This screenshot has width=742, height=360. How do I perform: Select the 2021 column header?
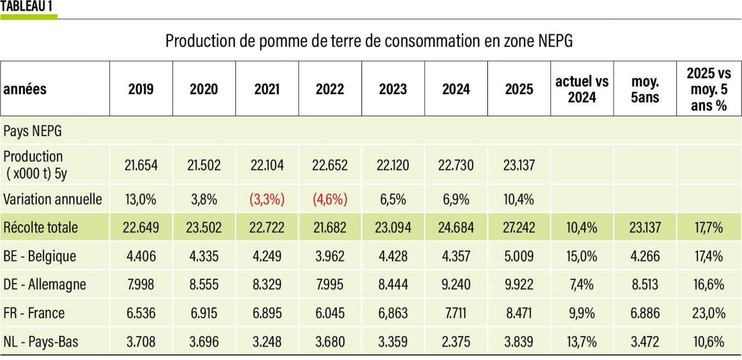pyautogui.click(x=267, y=89)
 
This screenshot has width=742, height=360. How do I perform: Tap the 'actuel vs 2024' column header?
pyautogui.click(x=582, y=89)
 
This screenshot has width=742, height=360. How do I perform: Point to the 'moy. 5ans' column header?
pyautogui.click(x=645, y=89)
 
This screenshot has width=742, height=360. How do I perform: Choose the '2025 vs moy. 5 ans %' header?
pyautogui.click(x=708, y=89)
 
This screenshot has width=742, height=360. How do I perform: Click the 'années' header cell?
pyautogui.click(x=25, y=89)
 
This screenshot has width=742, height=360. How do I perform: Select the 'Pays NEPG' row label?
pyautogui.click(x=28, y=131)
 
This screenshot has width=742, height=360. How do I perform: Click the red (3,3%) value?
pyautogui.click(x=267, y=200)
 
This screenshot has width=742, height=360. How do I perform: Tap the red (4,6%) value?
pyautogui.click(x=330, y=200)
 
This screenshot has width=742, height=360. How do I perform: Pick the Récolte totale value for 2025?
pyautogui.click(x=519, y=228)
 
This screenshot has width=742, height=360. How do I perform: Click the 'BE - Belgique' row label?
pyautogui.click(x=40, y=256)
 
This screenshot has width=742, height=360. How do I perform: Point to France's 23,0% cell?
pyautogui.click(x=708, y=313)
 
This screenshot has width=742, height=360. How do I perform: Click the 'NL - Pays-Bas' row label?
pyautogui.click(x=41, y=342)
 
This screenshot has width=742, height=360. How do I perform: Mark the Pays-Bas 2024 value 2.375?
pyautogui.click(x=456, y=342)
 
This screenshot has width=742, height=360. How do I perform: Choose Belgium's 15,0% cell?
pyautogui.click(x=582, y=256)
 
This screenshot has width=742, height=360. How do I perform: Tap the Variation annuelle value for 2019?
pyautogui.click(x=141, y=200)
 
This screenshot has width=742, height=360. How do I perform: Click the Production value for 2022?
pyautogui.click(x=330, y=165)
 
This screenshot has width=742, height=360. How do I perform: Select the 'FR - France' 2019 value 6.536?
pyautogui.click(x=141, y=313)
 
